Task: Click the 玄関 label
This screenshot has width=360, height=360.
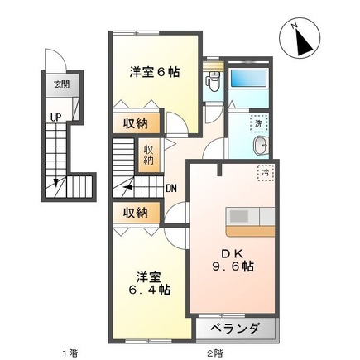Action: tap(61, 84)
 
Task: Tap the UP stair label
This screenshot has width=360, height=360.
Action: tap(55, 117)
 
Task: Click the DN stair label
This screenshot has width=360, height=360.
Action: tap(171, 188)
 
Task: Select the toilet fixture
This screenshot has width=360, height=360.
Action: tap(214, 80)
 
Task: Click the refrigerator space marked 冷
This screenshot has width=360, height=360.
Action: tap(266, 174)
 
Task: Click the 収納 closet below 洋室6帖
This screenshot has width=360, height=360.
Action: tap(137, 123)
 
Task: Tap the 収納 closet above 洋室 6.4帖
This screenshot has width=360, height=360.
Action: tap(136, 212)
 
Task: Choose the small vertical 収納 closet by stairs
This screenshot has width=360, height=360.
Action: tap(149, 155)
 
